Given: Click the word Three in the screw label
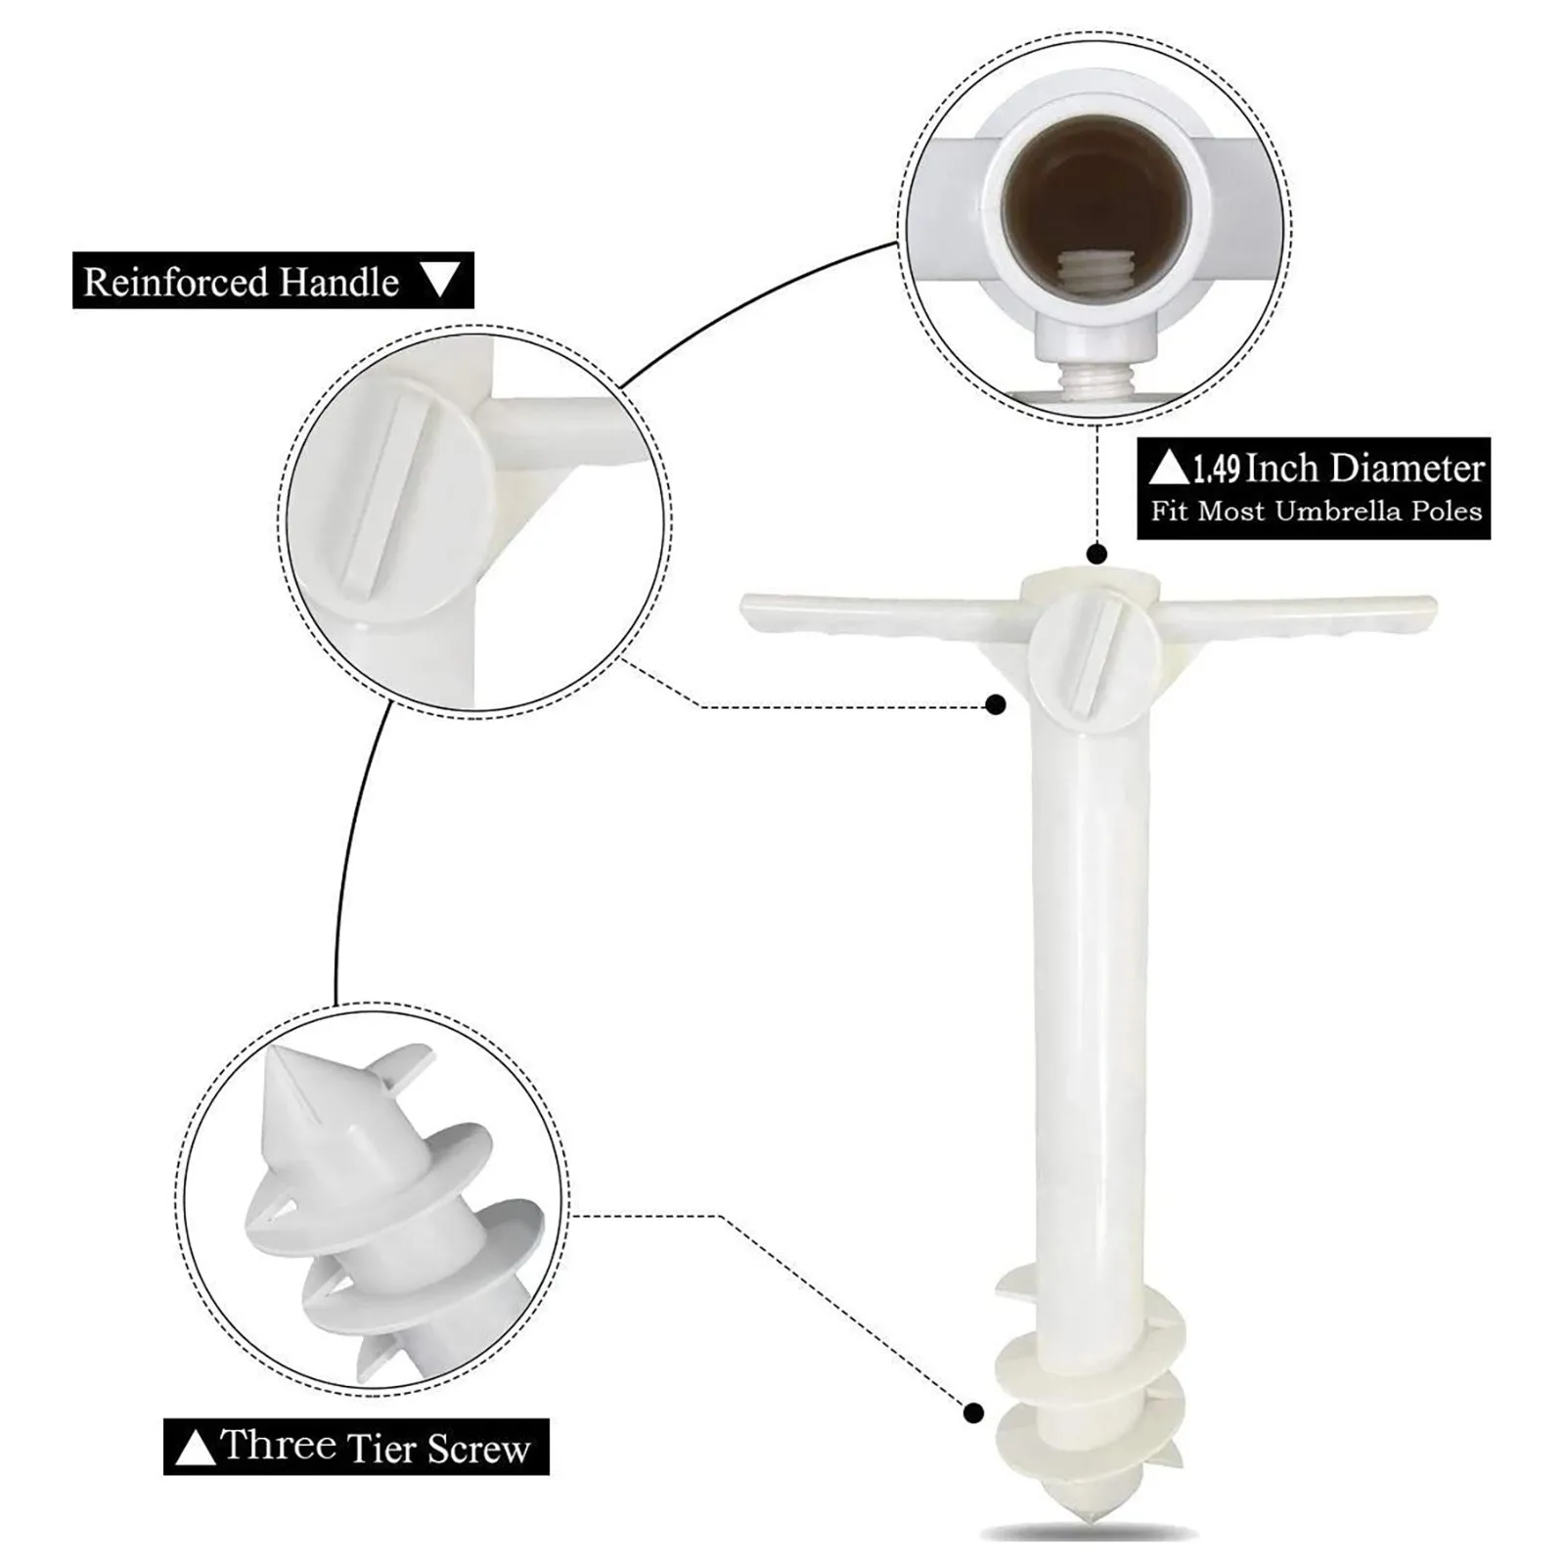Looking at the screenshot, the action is click(279, 1446).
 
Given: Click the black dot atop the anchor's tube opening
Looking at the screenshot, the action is click(1096, 555).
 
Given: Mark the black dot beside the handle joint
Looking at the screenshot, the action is click(996, 704).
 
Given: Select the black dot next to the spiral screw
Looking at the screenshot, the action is click(973, 1412).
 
